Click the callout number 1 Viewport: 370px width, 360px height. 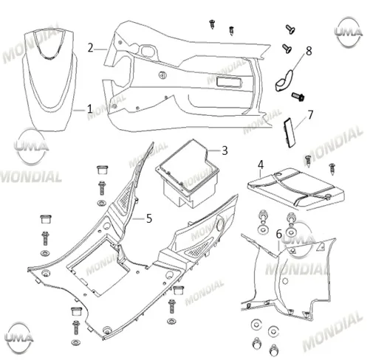click(90, 108)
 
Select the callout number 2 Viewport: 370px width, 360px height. click(91, 48)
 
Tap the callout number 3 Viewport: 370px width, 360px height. click(225, 150)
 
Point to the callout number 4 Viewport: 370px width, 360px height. click(261, 165)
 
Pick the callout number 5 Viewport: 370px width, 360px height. click(149, 218)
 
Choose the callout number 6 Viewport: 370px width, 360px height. click(278, 234)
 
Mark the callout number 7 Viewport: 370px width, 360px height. click(310, 114)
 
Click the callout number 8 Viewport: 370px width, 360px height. click(309, 51)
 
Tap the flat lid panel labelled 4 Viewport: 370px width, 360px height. click(296, 188)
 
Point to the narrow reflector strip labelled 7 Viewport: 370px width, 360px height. click(290, 133)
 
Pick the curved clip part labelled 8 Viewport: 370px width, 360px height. click(284, 81)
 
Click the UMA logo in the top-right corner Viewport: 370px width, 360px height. click(349, 32)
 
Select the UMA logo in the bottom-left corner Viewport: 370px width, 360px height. click(19, 337)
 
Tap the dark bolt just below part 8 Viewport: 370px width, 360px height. click(298, 96)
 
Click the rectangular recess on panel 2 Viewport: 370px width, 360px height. click(229, 82)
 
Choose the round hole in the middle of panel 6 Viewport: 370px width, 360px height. click(285, 280)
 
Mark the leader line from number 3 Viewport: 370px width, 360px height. click(214, 150)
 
